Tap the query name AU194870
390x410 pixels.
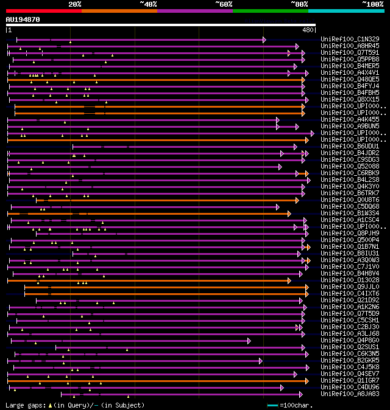23,19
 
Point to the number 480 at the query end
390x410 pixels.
308,30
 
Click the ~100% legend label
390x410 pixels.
372,4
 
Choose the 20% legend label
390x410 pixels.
75,4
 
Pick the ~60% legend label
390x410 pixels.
224,4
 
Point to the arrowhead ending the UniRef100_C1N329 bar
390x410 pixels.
264,40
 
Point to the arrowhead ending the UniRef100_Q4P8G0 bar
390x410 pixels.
249,341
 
